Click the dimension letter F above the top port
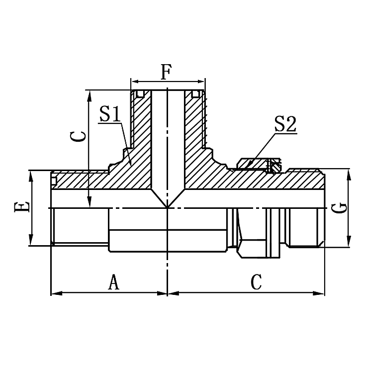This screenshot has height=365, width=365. [166, 72]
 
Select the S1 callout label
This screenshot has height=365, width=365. [110, 114]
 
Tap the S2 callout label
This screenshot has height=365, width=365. [285, 125]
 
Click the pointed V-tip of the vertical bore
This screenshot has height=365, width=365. [167, 207]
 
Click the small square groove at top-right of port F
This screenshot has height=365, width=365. [196, 93]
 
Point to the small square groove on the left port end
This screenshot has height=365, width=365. [54, 175]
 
